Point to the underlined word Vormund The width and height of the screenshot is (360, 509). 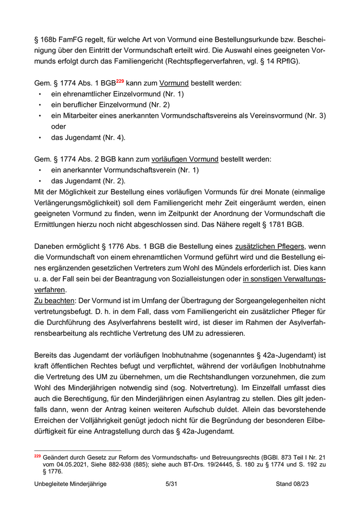(x=174, y=83)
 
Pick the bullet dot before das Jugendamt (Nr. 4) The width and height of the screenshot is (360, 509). (x=40, y=137)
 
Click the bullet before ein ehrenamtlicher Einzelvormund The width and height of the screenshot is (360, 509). (x=40, y=94)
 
